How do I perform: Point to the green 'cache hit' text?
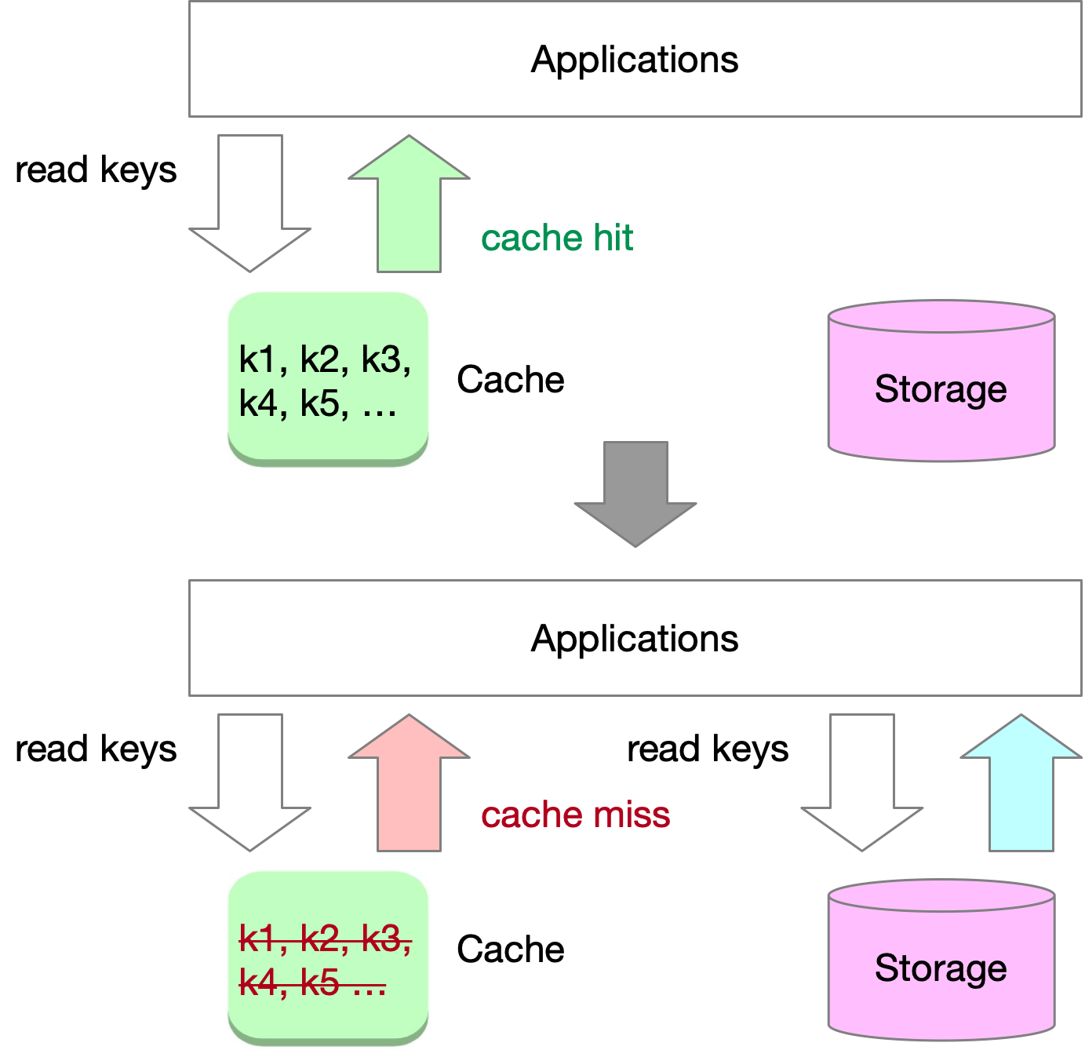click(x=557, y=238)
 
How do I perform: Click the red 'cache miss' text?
click(x=575, y=815)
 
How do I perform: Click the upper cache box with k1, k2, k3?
click(x=328, y=379)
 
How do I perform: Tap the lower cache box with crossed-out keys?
click(x=328, y=958)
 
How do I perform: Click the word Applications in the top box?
click(x=635, y=60)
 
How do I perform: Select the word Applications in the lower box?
click(x=635, y=639)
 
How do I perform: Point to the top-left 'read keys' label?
click(x=96, y=170)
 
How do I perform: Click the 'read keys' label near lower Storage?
click(x=708, y=749)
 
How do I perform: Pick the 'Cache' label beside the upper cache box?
click(x=511, y=380)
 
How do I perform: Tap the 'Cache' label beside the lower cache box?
click(x=511, y=950)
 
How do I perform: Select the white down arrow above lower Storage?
click(x=862, y=785)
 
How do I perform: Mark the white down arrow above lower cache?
click(x=250, y=785)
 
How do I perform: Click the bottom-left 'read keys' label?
click(x=96, y=749)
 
